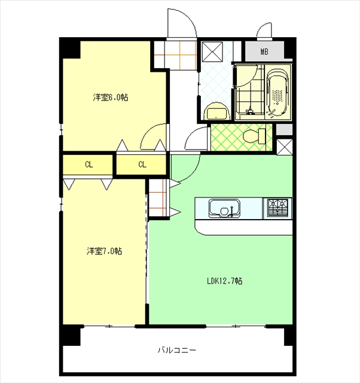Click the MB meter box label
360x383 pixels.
tap(264, 51)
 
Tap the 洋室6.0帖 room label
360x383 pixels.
tap(110, 97)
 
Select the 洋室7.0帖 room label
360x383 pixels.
tap(104, 251)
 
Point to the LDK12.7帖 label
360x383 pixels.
tap(224, 281)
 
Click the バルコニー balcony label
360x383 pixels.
tap(176, 350)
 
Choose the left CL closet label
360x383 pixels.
tap(89, 165)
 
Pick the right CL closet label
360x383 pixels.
tap(142, 165)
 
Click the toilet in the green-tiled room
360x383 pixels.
tap(254, 136)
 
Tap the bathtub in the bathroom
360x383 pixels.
tap(277, 93)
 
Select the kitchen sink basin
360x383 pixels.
tap(224, 208)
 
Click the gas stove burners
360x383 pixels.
tap(277, 208)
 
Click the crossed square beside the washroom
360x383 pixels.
tap(212, 51)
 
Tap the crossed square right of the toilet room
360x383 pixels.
tap(284, 147)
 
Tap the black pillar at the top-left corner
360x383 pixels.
tap(71, 49)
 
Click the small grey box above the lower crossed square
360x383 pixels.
tap(284, 129)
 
